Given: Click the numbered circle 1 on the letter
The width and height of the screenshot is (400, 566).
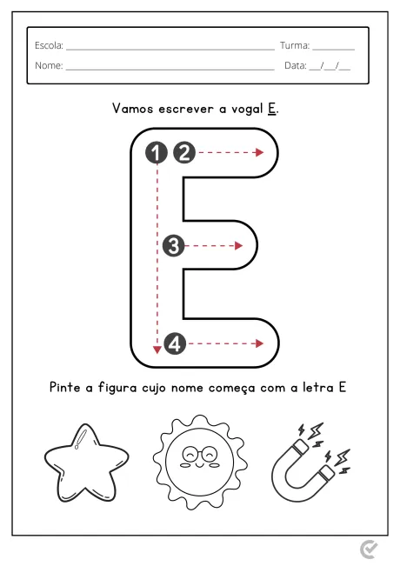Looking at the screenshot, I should coord(157,153).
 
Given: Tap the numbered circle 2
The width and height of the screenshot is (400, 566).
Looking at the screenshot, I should coord(183,153).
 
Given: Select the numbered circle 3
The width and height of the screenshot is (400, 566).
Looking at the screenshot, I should coord(173,246).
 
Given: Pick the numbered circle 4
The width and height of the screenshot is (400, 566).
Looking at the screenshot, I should coord(175,344).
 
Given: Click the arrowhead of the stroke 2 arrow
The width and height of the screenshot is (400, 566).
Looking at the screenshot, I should coord(259,153).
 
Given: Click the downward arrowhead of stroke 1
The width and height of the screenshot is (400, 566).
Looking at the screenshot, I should coord(157,350).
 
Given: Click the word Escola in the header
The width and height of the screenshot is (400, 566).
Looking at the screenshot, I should coord(49,45).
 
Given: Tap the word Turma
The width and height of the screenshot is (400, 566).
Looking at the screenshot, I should coord(294,45).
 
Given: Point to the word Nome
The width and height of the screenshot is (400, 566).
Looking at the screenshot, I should coord(49,65).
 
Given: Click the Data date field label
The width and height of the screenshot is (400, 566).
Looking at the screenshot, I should coord(296,65).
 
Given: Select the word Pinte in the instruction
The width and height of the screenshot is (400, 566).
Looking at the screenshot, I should coord(66,388).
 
